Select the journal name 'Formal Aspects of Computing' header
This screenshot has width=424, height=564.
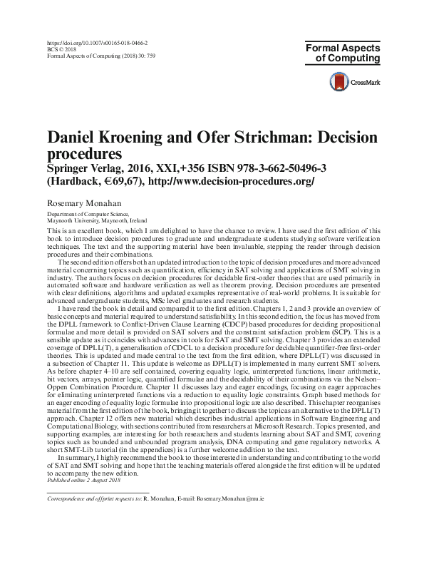pos(343,54)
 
